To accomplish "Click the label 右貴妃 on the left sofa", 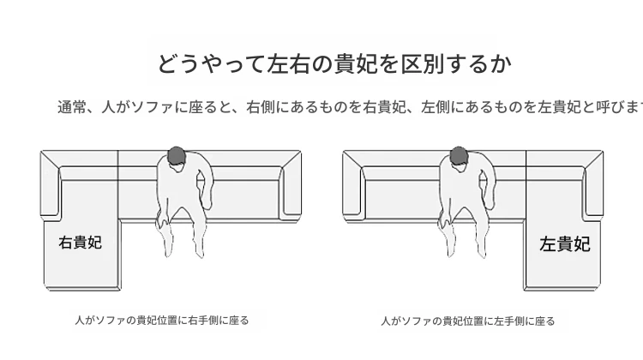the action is [80, 243].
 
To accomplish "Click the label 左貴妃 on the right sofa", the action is [565, 244].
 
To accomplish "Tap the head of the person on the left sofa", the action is [176, 156].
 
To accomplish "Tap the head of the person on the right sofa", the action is [459, 156].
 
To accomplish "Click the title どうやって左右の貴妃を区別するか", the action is [334, 64].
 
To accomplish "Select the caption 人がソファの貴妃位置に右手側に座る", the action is [162, 321].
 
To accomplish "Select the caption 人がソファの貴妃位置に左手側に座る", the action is [468, 321].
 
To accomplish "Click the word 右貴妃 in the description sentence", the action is [385, 107].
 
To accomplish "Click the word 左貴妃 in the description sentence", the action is [560, 107].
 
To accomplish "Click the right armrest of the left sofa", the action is [291, 187].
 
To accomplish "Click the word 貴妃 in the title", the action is [356, 64].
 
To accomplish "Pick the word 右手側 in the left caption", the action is [203, 321].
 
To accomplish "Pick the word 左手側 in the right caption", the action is [509, 321].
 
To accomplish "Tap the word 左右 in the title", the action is [288, 64].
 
